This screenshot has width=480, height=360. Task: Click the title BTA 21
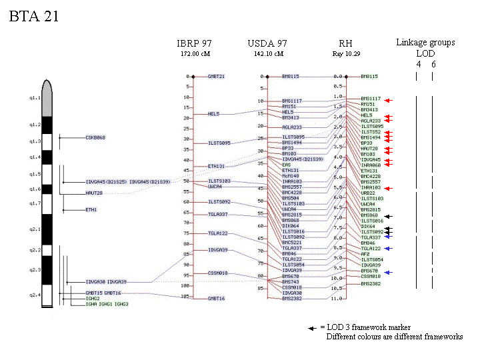click(x=34, y=16)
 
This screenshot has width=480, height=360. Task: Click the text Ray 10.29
click(x=345, y=53)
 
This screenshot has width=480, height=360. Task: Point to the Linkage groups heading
click(x=425, y=42)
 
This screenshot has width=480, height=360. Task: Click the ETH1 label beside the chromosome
click(x=91, y=209)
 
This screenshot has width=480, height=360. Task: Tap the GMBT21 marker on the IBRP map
click(x=216, y=76)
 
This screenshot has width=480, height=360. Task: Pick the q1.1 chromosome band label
click(x=27, y=97)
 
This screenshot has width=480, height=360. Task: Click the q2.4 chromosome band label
click(x=27, y=294)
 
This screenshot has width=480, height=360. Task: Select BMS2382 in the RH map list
click(x=371, y=283)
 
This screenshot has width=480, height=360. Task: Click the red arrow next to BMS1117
click(x=389, y=99)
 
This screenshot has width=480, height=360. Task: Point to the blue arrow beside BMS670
click(x=388, y=272)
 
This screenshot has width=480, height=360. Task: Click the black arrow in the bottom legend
click(x=311, y=328)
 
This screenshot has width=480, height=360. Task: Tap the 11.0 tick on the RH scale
click(x=338, y=299)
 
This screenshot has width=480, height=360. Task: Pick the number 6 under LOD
click(x=433, y=64)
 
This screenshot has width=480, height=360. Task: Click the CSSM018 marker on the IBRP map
click(x=217, y=273)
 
